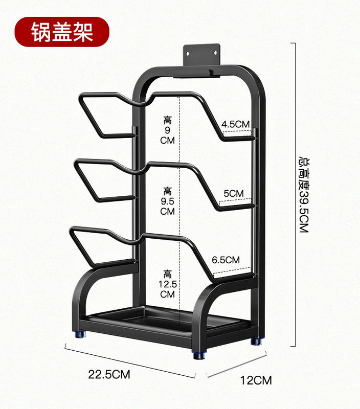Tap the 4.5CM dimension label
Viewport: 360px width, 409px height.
click(x=235, y=124)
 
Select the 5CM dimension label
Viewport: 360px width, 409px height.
click(x=234, y=193)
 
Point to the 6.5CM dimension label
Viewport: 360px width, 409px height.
click(x=226, y=260)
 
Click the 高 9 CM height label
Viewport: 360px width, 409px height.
click(x=168, y=130)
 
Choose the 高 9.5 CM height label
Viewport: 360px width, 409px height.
click(x=168, y=201)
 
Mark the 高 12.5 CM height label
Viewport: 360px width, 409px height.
click(x=168, y=284)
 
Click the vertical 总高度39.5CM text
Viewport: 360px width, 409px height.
click(x=304, y=195)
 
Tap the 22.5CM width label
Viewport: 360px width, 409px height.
click(x=109, y=374)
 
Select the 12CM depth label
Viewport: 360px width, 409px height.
click(x=256, y=380)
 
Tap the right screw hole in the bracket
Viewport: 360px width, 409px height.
click(x=217, y=52)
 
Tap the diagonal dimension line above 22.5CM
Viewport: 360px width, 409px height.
click(x=130, y=361)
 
